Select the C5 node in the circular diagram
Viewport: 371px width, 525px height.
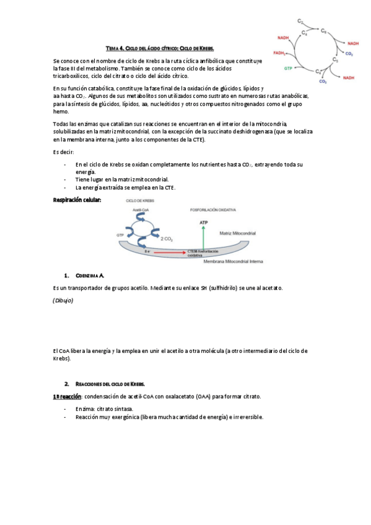tap(335, 60)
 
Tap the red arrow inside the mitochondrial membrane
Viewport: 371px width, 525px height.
tap(170, 252)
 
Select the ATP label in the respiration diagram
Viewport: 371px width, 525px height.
tap(203, 222)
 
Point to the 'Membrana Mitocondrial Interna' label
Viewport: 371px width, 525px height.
tap(234, 262)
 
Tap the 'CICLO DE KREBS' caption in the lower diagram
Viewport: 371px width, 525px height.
tap(139, 201)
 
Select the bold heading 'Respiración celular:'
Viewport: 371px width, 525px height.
tap(77, 199)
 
